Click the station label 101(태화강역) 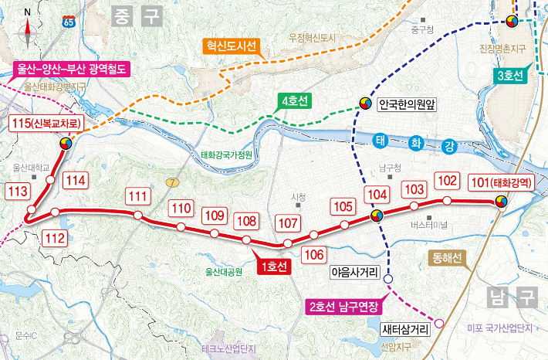coord(500,183)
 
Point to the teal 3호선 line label coord(509,75)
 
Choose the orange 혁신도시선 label coord(230,46)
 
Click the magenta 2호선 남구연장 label coord(343,305)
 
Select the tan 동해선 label coord(445,259)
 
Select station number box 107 coord(287,224)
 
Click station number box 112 coord(56,238)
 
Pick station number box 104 coord(376,195)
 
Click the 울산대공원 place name coord(224,271)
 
